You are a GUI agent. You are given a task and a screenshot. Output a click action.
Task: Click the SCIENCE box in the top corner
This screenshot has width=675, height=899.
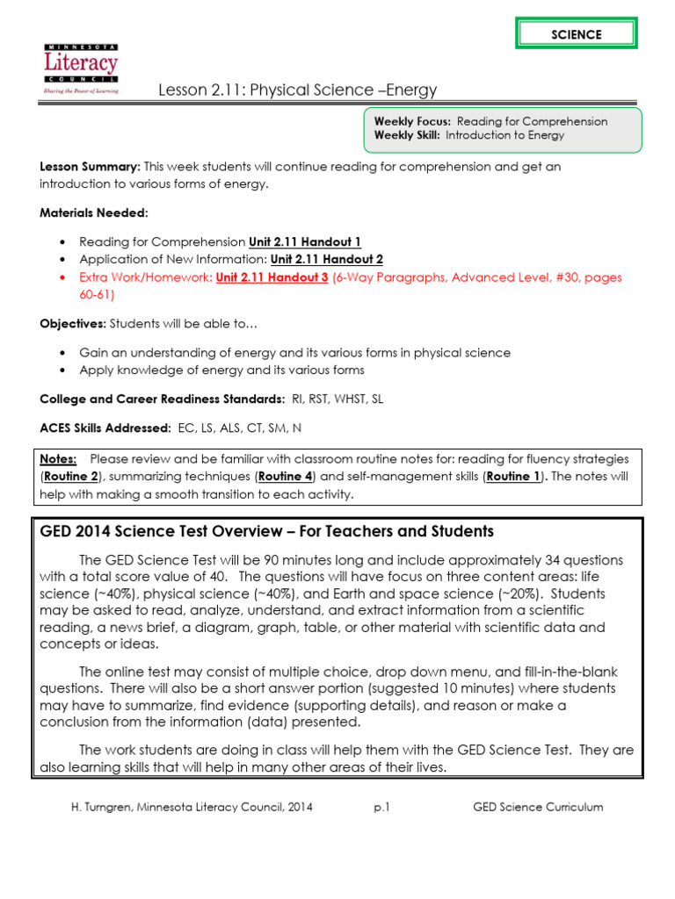click(x=577, y=34)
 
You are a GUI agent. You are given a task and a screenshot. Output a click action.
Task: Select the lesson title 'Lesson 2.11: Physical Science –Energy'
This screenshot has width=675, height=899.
click(x=297, y=90)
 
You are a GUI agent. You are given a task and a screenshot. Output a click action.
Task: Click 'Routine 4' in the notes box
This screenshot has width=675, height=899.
click(x=283, y=476)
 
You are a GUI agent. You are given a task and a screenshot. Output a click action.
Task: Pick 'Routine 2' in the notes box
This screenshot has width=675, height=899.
click(x=73, y=476)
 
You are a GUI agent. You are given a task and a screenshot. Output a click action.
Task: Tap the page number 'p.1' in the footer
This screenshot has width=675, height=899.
click(x=381, y=807)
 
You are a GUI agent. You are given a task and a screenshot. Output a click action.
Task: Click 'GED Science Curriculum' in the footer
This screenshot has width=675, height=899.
click(x=538, y=807)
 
